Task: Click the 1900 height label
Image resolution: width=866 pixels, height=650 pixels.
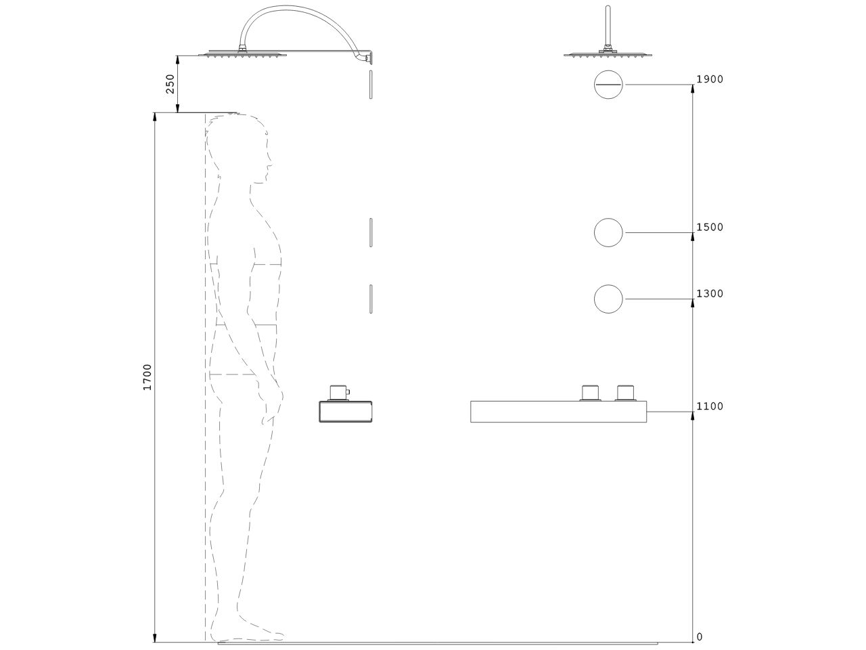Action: tap(710, 79)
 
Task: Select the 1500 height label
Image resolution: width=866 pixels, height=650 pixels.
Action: tap(710, 227)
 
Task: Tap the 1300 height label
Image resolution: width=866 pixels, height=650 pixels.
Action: tap(710, 294)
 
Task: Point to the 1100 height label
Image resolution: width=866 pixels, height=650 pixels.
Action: tap(710, 406)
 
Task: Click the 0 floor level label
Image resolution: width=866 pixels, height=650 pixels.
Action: tap(700, 637)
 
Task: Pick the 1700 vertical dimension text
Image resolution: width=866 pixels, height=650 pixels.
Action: tap(147, 376)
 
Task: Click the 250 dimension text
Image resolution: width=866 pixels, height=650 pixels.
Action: tap(170, 83)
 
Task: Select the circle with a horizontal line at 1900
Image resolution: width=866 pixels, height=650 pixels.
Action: tap(608, 85)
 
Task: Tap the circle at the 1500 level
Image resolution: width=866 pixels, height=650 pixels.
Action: tap(608, 233)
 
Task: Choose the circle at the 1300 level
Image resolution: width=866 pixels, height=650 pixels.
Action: tap(608, 299)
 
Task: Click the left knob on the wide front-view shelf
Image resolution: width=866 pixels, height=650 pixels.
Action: tap(591, 393)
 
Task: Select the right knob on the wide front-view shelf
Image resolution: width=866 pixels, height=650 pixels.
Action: tap(626, 393)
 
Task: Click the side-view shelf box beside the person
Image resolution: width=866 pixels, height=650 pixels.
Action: tap(345, 412)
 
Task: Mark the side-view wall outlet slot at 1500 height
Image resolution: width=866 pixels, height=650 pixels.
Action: tap(371, 233)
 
